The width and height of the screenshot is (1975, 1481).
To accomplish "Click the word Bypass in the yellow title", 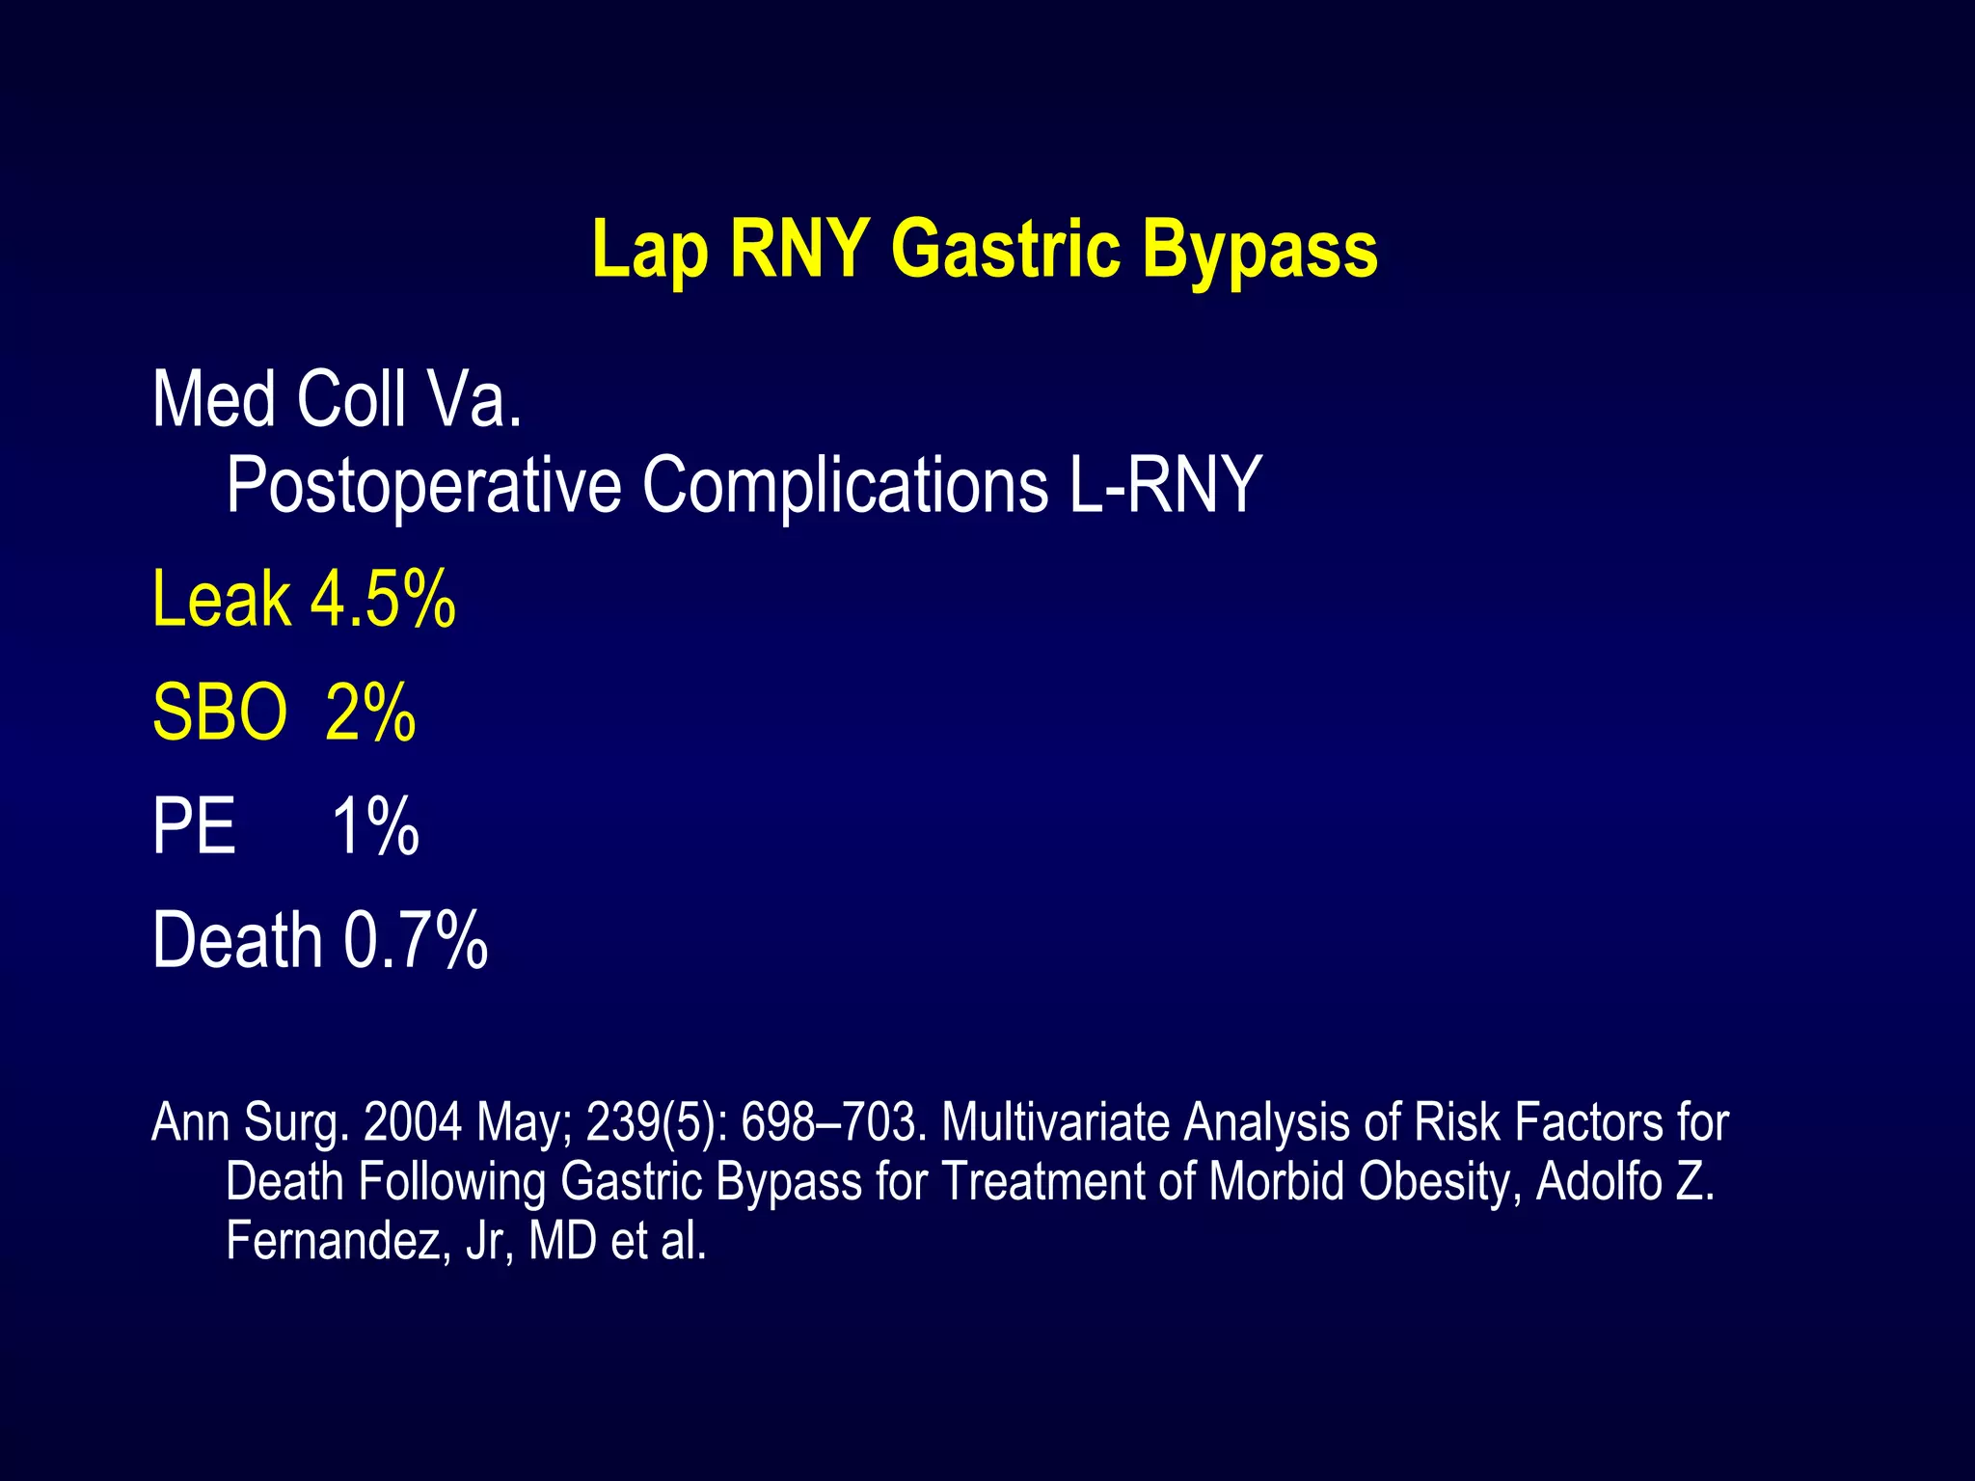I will [x=1259, y=251].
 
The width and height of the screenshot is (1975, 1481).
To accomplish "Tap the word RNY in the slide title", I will [x=799, y=249].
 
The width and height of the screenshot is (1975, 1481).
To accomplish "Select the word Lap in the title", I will [x=650, y=251].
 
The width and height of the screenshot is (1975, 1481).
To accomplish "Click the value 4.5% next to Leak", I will [x=383, y=600].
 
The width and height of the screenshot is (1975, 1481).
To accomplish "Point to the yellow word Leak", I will [x=221, y=600].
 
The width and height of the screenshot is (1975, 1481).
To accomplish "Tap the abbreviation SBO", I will [x=220, y=714].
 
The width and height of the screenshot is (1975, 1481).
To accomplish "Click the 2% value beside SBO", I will [x=370, y=714].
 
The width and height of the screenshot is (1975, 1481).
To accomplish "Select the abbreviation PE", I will [x=194, y=827].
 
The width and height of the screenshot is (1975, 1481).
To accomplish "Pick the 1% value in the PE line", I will [x=375, y=827].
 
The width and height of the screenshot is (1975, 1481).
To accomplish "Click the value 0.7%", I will [x=416, y=940].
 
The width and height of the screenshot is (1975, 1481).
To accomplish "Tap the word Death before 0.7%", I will [x=237, y=940].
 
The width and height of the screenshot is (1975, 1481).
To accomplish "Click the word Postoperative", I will [x=423, y=486].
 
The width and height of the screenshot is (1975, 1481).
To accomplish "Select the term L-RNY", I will [x=1164, y=484].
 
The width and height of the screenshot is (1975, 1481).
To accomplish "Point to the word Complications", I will [x=845, y=486].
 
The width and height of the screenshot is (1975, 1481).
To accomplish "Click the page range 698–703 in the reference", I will [x=833, y=1123].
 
